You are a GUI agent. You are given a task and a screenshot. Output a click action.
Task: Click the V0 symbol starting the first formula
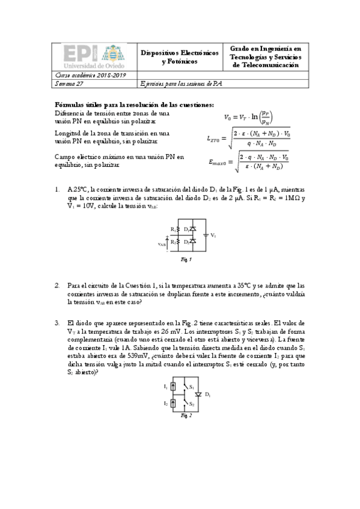tap(228, 117)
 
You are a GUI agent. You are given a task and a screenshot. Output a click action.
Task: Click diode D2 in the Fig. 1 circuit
tap(192, 241)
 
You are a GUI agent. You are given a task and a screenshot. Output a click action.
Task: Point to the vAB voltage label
tap(161, 244)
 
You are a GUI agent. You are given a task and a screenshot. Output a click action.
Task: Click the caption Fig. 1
tap(186, 260)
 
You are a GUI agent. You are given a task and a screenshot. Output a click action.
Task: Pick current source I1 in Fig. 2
tap(174, 387)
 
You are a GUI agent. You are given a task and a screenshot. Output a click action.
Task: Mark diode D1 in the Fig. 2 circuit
tap(198, 395)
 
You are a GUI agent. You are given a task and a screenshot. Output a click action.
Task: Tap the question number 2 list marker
tap(57, 286)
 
